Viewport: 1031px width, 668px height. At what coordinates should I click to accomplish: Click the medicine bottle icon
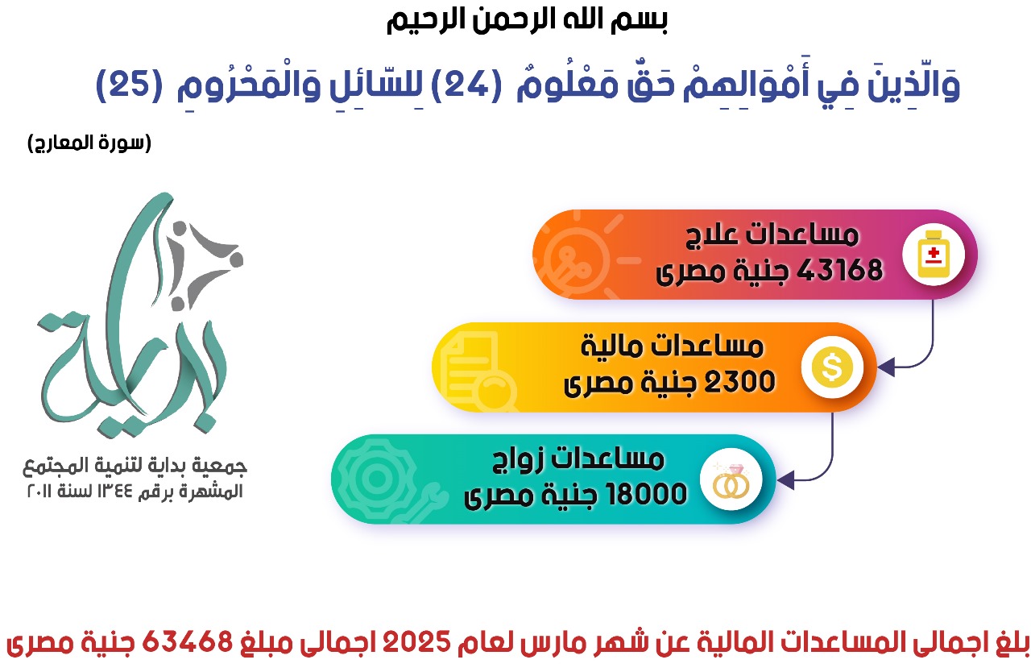pyautogui.click(x=933, y=254)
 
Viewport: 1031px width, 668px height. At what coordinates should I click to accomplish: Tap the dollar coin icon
pyautogui.click(x=832, y=367)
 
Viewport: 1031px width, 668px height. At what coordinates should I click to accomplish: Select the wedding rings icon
pyautogui.click(x=731, y=480)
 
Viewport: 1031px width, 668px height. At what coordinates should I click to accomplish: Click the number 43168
pyautogui.click(x=839, y=270)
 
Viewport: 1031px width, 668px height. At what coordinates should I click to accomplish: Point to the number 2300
pyautogui.click(x=739, y=382)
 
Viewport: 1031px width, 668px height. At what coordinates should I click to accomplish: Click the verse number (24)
pyautogui.click(x=466, y=85)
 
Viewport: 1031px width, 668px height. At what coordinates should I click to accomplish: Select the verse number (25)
pyautogui.click(x=130, y=85)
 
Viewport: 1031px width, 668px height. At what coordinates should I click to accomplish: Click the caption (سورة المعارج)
pyautogui.click(x=89, y=143)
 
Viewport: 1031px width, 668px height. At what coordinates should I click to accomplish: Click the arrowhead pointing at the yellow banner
pyautogui.click(x=886, y=367)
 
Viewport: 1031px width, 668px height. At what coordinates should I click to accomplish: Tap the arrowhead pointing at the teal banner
pyautogui.click(x=785, y=480)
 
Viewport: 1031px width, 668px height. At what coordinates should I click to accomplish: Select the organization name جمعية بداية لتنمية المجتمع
pyautogui.click(x=135, y=466)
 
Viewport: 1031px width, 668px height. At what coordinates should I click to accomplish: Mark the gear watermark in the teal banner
pyautogui.click(x=378, y=479)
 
